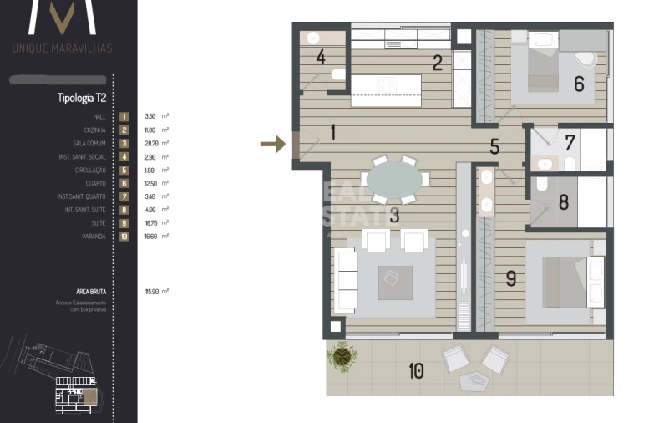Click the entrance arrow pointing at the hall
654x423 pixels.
tap(273, 145)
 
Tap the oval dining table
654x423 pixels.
tap(394, 179)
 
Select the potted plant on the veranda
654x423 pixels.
tap(342, 355)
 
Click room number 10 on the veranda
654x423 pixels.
tap(416, 370)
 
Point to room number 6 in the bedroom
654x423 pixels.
tap(578, 84)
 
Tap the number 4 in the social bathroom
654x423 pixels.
tap(321, 58)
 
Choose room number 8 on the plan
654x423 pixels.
tap(564, 201)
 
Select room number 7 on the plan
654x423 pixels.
tap(570, 143)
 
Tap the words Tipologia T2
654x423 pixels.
tap(81, 98)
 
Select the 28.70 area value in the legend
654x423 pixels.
tap(151, 144)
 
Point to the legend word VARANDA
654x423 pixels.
tap(94, 237)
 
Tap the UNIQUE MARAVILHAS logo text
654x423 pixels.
tap(62, 48)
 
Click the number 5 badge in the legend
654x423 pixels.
tap(124, 171)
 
